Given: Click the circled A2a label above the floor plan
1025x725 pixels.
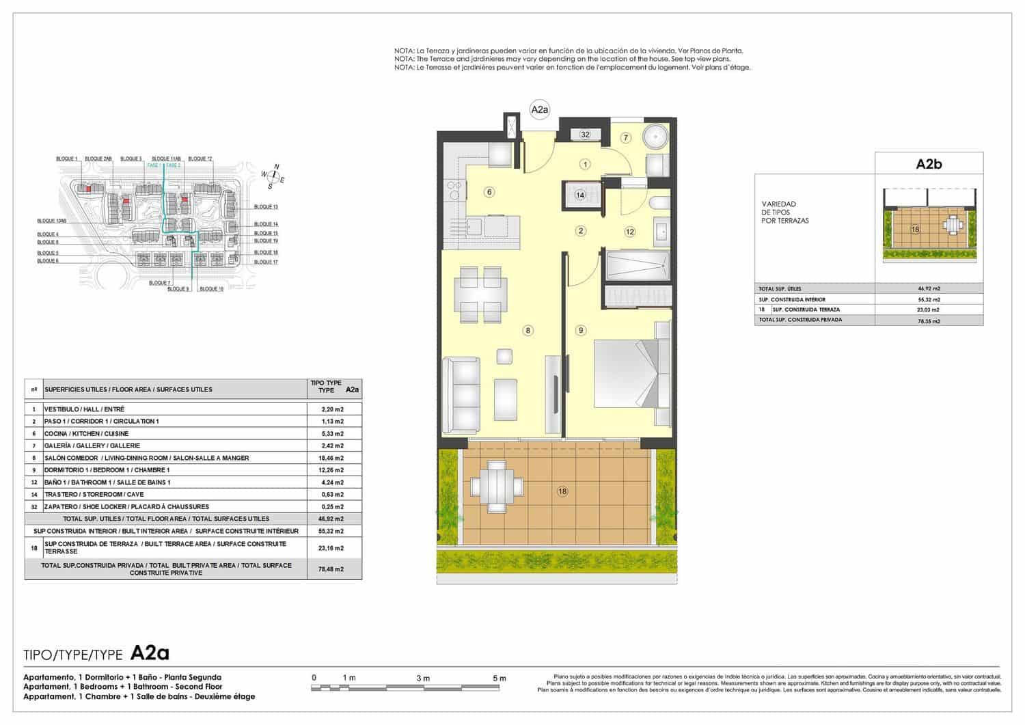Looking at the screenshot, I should pyautogui.click(x=539, y=109).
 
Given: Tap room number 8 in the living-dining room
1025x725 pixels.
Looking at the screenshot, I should pyautogui.click(x=528, y=331).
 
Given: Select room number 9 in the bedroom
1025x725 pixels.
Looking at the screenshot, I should pyautogui.click(x=581, y=331).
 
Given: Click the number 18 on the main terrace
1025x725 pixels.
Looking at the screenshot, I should pyautogui.click(x=562, y=491).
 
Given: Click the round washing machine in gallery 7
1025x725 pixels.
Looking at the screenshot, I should pyautogui.click(x=656, y=137).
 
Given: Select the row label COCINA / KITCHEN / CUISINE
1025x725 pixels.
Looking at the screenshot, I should pyautogui.click(x=86, y=433).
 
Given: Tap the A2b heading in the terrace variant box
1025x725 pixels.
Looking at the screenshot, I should pyautogui.click(x=929, y=164).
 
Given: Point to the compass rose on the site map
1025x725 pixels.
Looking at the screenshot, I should pyautogui.click(x=273, y=176).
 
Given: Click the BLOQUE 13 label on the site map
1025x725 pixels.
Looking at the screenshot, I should pyautogui.click(x=266, y=206).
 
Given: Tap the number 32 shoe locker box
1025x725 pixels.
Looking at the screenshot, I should pyautogui.click(x=585, y=135).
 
